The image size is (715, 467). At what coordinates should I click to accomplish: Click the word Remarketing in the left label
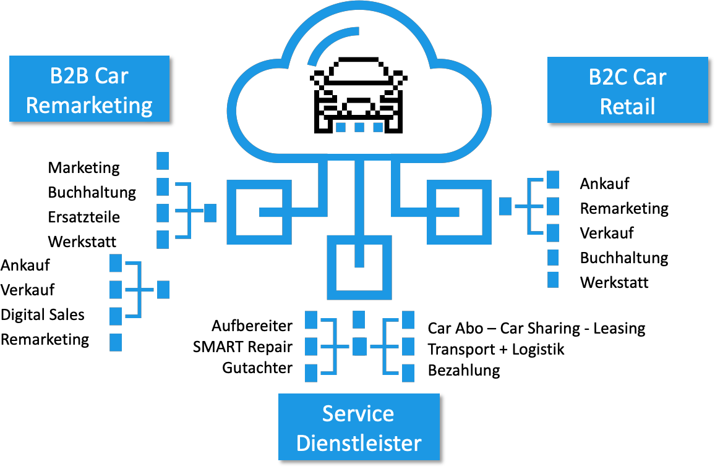click(x=89, y=105)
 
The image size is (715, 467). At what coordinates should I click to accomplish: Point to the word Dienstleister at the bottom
click(x=359, y=443)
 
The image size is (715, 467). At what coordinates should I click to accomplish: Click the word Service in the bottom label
click(x=358, y=413)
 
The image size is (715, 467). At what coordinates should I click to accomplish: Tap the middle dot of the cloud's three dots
click(x=359, y=127)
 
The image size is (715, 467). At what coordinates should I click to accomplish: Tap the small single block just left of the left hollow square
click(x=210, y=212)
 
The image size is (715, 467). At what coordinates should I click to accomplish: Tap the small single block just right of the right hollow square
click(x=505, y=206)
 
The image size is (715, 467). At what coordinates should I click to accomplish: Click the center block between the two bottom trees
click(x=359, y=346)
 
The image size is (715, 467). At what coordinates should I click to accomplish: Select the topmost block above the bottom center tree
click(x=359, y=319)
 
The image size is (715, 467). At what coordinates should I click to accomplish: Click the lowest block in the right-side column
click(x=553, y=279)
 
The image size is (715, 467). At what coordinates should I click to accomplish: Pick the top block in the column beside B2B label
click(x=163, y=160)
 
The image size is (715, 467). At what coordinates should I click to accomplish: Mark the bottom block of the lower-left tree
click(x=116, y=342)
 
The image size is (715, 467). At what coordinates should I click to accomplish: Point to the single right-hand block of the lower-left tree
click(x=163, y=289)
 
